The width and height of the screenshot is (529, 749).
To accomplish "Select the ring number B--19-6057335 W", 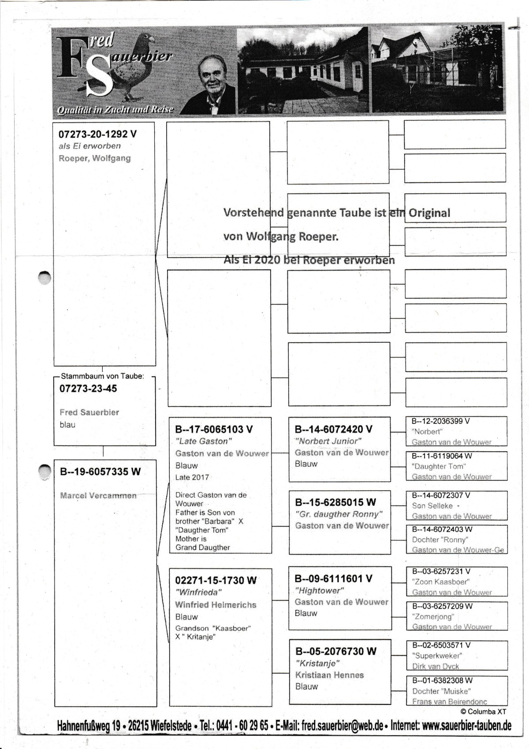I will click(100, 472).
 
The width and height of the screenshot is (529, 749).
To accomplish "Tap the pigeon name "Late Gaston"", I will click(204, 441).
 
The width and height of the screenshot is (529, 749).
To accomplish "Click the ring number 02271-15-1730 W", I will click(216, 580).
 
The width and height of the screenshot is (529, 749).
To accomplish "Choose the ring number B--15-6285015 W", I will click(335, 502).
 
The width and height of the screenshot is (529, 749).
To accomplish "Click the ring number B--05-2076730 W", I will click(336, 651).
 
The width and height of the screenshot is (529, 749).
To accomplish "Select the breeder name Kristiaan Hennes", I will click(329, 675).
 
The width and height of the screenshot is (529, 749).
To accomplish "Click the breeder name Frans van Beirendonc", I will click(450, 701).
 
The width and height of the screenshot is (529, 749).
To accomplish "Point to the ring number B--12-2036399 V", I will click(440, 421).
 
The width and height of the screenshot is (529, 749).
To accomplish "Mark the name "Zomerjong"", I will click(433, 616).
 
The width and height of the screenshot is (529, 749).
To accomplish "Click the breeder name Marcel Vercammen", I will click(98, 496).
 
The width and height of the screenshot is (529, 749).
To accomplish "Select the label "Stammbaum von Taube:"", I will click(102, 376).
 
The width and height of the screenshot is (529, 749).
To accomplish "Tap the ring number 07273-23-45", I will click(88, 389).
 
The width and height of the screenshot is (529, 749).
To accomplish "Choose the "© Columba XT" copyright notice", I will click(483, 712).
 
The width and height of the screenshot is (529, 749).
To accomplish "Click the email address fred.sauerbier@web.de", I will click(343, 726).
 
